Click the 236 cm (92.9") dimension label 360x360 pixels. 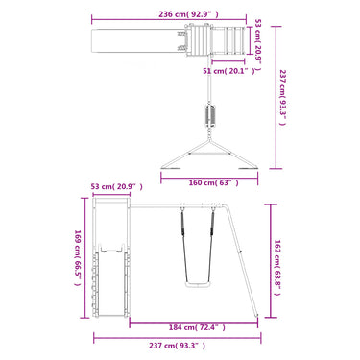pyautogui.click(x=188, y=14)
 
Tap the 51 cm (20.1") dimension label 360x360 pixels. pyautogui.click(x=229, y=71)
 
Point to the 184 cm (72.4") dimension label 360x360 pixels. pyautogui.click(x=197, y=327)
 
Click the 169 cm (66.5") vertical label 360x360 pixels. pyautogui.click(x=77, y=258)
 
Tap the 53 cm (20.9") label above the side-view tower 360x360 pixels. pyautogui.click(x=117, y=186)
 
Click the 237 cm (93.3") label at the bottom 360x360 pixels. pyautogui.click(x=177, y=346)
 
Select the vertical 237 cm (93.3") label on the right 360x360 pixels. pyautogui.click(x=282, y=98)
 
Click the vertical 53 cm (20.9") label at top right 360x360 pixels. pyautogui.click(x=257, y=44)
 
